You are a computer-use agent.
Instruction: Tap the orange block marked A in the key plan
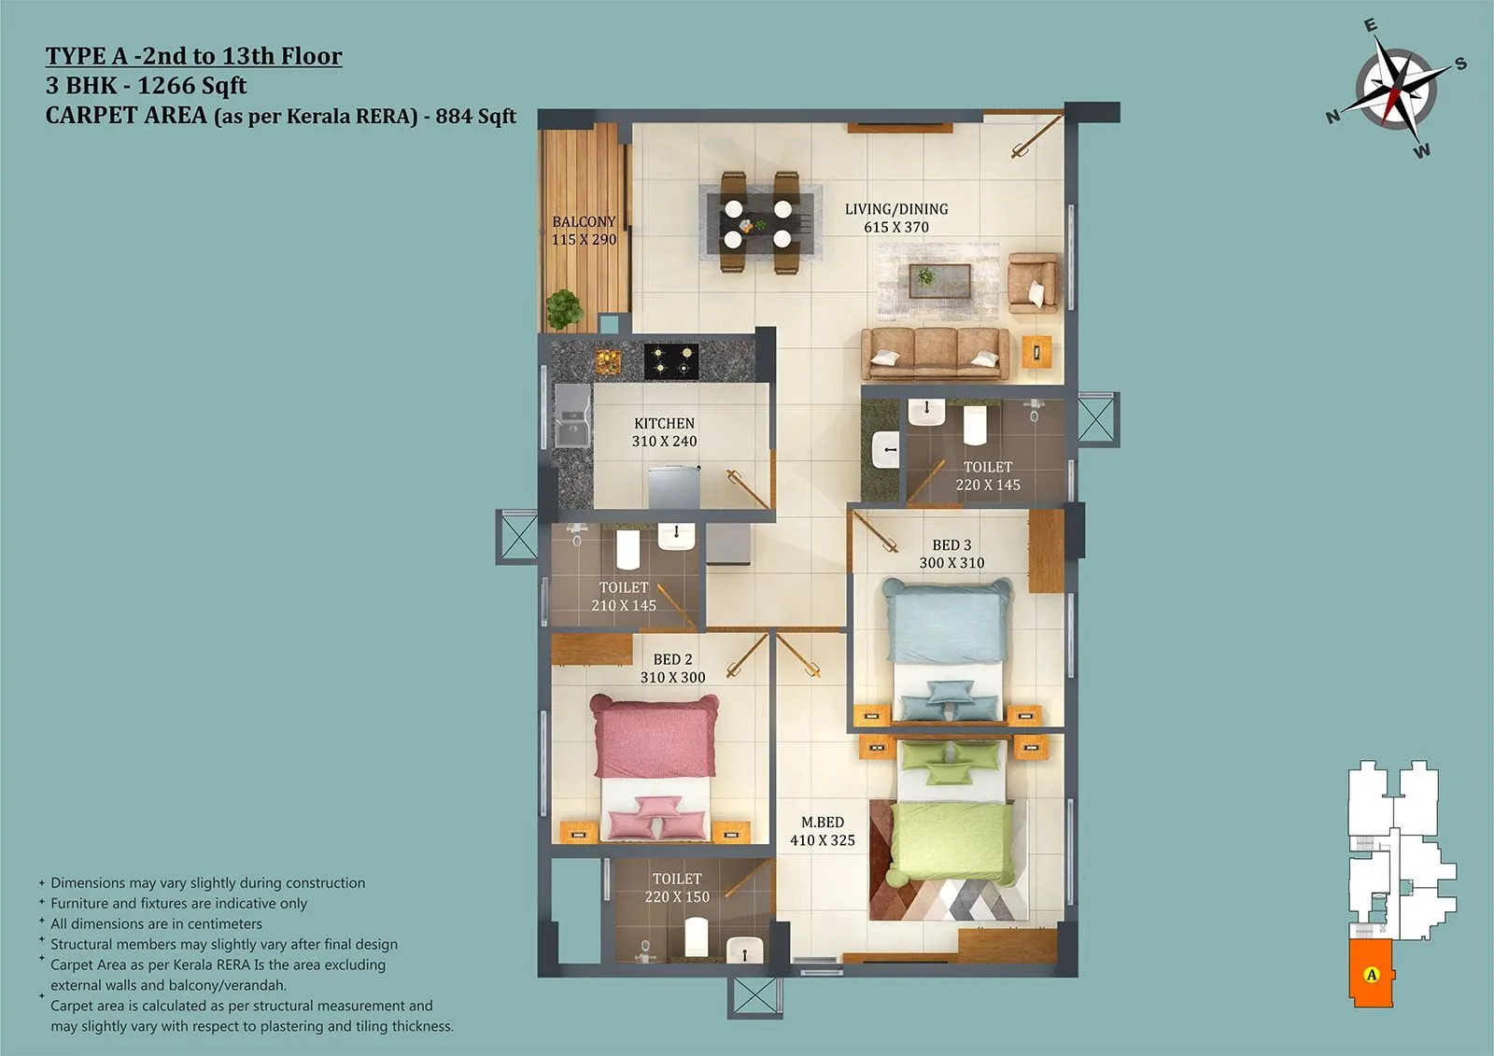tap(1371, 974)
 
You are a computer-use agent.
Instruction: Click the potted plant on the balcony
tap(564, 309)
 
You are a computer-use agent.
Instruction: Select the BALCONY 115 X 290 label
tap(584, 231)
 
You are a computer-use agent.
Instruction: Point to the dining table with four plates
tap(758, 223)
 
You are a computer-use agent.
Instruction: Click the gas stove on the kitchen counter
tap(671, 360)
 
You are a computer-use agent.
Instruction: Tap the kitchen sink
tap(571, 416)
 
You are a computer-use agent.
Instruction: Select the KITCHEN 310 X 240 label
tap(664, 432)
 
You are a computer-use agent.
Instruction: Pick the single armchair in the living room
tap(1033, 283)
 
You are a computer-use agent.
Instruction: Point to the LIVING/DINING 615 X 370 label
tap(896, 218)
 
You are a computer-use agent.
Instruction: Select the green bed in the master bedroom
tap(952, 822)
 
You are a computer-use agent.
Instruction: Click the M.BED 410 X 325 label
tap(823, 831)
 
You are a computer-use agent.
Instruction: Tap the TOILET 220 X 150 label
tap(677, 887)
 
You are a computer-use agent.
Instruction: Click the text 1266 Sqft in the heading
tap(192, 86)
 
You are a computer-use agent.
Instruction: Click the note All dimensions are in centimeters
tap(156, 923)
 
